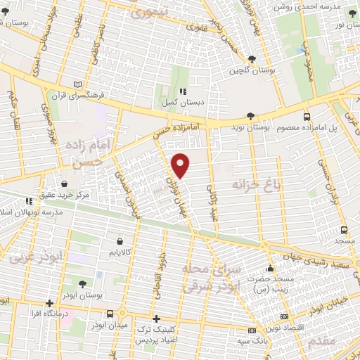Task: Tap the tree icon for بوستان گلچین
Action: [x=262, y=59]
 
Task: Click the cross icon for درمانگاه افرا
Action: [x=49, y=304]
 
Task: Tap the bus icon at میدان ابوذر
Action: [x=110, y=314]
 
